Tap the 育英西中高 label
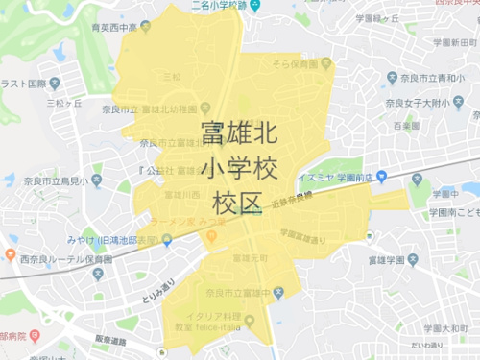click(118, 28)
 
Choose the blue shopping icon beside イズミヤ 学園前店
click(381, 176)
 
